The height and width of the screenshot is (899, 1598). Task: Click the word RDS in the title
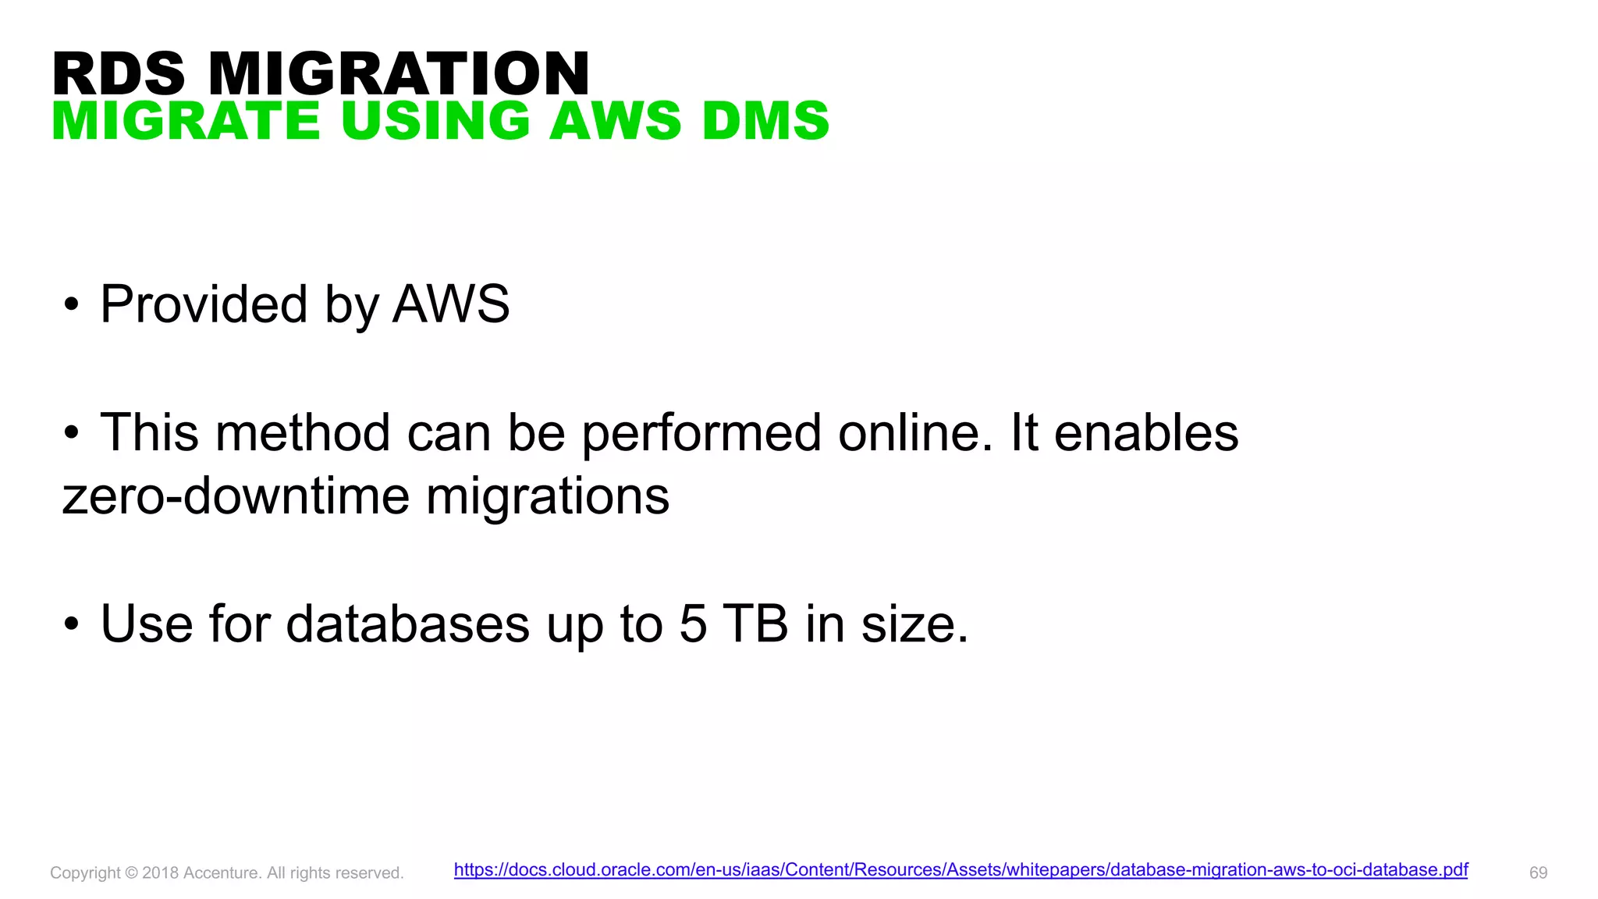[x=119, y=74]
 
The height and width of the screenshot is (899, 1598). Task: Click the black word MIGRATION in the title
[x=399, y=74]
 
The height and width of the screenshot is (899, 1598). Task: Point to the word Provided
[x=204, y=304]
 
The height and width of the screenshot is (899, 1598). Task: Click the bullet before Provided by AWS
[x=72, y=305]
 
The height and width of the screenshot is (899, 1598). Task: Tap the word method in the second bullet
[x=303, y=432]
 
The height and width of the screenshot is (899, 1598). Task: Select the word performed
[x=701, y=432]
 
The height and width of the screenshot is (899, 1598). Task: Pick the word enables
[x=1145, y=432]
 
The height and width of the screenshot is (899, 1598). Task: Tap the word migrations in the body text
[x=548, y=496]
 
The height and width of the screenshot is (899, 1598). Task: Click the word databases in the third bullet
[x=408, y=624]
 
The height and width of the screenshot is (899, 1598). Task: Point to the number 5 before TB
[x=693, y=624]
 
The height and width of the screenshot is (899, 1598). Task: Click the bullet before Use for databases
[x=72, y=624]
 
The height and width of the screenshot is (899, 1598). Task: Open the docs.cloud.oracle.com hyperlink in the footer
[x=961, y=869]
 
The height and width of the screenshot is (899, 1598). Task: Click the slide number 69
[x=1538, y=872]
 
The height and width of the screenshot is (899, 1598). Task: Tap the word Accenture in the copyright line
[x=222, y=872]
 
